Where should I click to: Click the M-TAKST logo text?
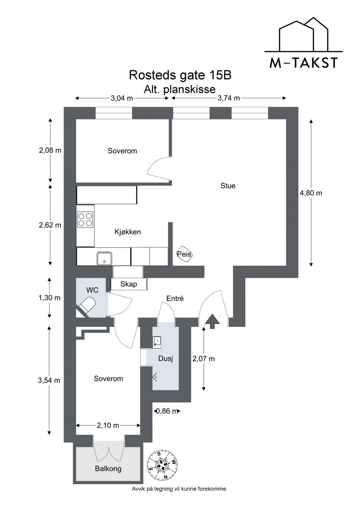[x=303, y=63]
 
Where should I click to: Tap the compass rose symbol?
[x=163, y=465]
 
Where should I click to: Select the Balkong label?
[x=108, y=468]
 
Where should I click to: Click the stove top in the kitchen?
[x=85, y=219]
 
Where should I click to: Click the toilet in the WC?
[x=88, y=305]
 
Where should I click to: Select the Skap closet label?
[x=128, y=284]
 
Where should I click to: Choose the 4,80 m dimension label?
[x=311, y=193]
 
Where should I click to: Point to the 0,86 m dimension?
[x=166, y=411]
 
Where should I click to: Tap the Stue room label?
[x=228, y=185]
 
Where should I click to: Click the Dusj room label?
[x=166, y=359]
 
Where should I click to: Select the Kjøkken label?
[x=127, y=232]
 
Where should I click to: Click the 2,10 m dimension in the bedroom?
[x=108, y=425]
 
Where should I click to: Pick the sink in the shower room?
[x=157, y=341]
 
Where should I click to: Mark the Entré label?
[x=174, y=299]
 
